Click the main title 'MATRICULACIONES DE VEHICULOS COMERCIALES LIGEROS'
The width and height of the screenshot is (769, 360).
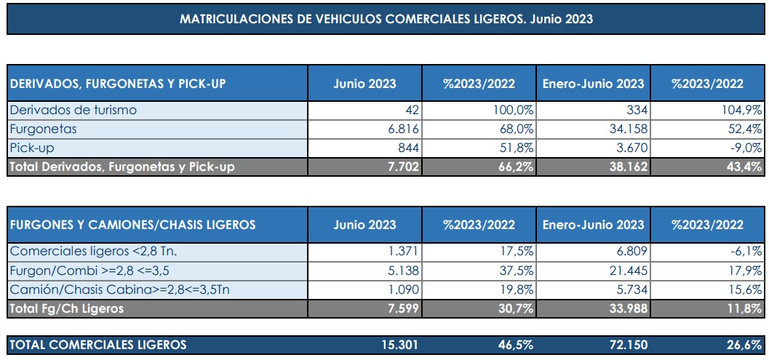(386, 20)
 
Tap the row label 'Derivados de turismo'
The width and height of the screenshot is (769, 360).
(73, 111)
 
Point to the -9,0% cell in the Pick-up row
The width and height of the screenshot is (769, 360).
(746, 148)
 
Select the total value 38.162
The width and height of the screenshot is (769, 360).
(625, 167)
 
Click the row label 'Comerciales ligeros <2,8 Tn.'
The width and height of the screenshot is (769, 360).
(93, 252)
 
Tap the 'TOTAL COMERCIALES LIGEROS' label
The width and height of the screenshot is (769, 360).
(97, 345)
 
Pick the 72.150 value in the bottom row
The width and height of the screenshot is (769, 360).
(625, 345)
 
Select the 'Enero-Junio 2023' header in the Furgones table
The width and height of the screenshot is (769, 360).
(593, 225)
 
